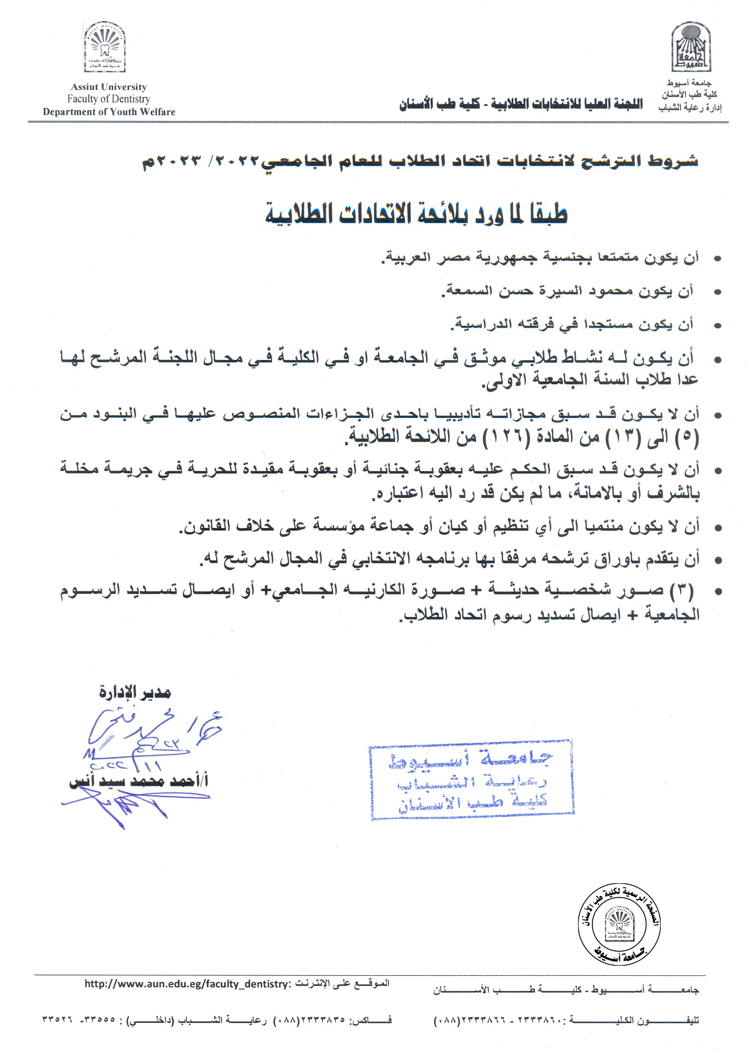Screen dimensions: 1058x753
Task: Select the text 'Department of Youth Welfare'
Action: coord(109,112)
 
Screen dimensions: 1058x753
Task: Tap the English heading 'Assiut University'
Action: coord(108,87)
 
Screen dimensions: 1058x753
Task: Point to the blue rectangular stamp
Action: coord(471,780)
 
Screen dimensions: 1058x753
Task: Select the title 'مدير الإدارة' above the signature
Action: coord(135,693)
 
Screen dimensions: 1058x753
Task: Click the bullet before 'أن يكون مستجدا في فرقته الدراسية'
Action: coord(718,326)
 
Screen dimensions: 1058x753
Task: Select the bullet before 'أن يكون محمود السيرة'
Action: coord(718,293)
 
